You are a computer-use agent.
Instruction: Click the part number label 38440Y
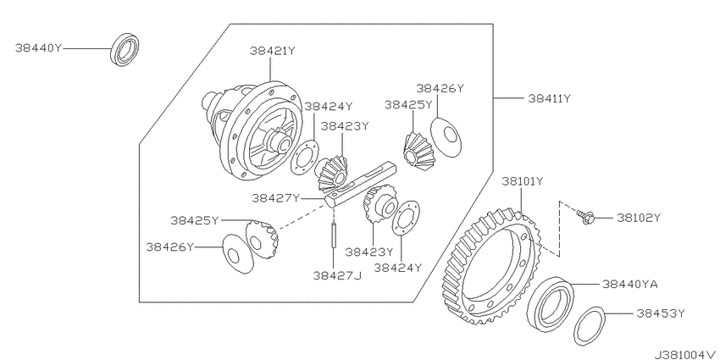(38, 47)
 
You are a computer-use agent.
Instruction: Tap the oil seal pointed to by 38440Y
(125, 50)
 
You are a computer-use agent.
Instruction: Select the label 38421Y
(272, 51)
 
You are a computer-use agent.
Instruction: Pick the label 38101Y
(523, 181)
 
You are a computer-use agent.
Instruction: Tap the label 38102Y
(639, 218)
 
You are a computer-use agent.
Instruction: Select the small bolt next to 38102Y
(584, 217)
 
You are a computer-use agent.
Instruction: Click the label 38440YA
(629, 285)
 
